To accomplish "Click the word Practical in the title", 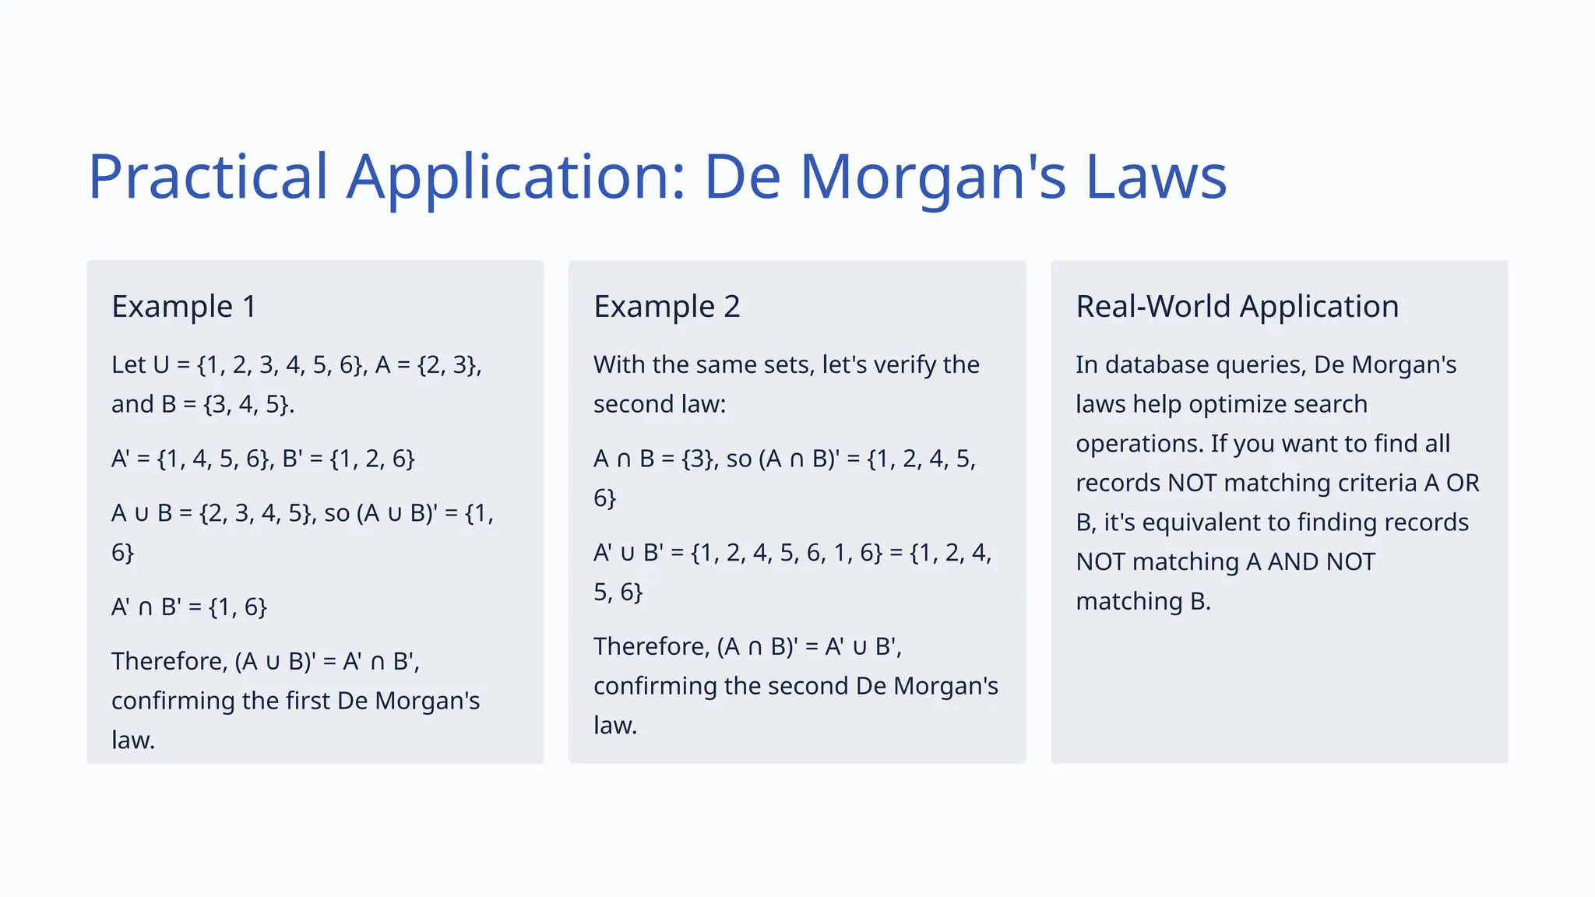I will coord(208,177).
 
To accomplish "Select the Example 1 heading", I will coord(184,306).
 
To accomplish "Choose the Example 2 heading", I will coord(667,306).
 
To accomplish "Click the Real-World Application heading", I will coord(1237,306).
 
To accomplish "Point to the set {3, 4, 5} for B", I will coord(248,404).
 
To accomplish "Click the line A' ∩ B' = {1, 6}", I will coord(189,607).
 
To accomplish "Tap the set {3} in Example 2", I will coord(699,459).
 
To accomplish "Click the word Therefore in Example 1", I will coord(170,661).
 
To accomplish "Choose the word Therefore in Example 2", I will coord(652,646).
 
